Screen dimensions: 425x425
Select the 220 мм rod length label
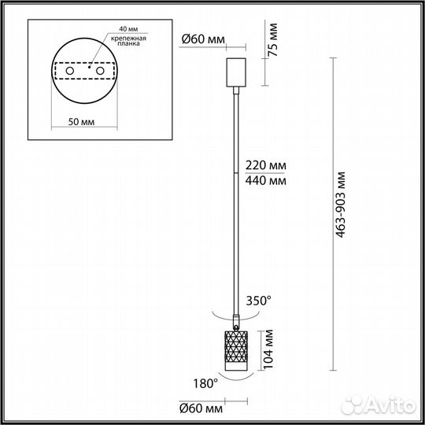click(x=265, y=166)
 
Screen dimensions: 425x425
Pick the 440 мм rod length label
click(x=265, y=180)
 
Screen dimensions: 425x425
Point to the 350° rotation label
click(x=259, y=299)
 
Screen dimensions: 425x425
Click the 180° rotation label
click(x=205, y=383)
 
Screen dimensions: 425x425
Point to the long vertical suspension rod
click(x=237, y=205)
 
